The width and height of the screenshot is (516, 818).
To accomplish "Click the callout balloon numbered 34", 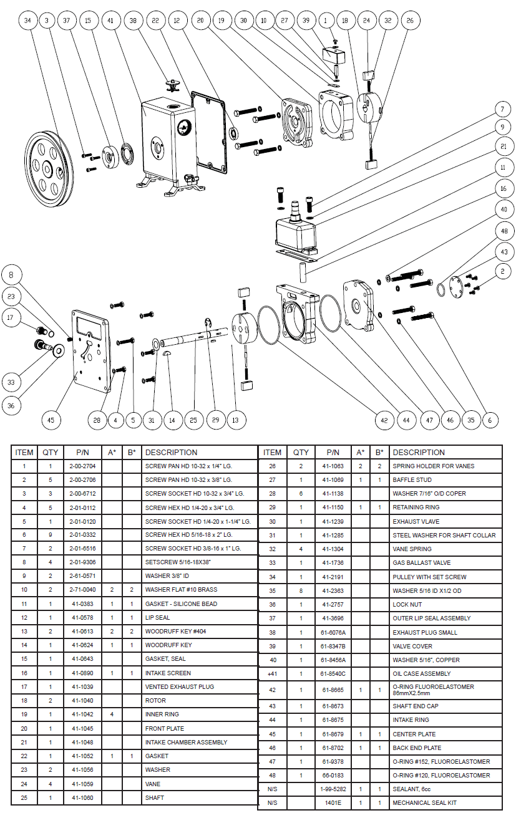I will [x=27, y=21].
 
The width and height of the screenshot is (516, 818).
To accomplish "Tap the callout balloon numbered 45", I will [x=51, y=420].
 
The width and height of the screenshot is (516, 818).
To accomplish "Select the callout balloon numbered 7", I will [x=502, y=110].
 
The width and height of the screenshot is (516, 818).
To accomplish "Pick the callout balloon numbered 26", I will [x=410, y=21].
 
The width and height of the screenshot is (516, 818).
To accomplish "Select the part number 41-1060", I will [x=82, y=797].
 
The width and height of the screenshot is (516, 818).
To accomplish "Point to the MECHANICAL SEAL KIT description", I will [x=424, y=803].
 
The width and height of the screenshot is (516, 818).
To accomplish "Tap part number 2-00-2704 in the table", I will [x=82, y=466].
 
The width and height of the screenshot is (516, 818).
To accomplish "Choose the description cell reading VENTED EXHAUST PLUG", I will [x=180, y=686].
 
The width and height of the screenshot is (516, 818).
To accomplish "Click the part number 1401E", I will [x=333, y=803].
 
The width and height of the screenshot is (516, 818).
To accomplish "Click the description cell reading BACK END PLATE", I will [x=417, y=748].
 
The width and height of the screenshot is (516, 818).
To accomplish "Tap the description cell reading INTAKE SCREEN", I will [x=168, y=673].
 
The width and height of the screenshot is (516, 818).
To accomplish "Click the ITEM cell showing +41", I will [x=273, y=673].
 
